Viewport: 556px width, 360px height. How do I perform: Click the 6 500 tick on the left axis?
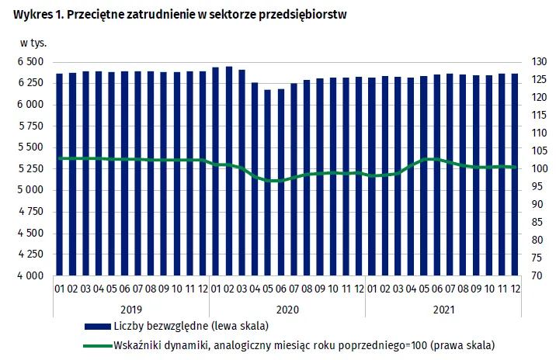30,62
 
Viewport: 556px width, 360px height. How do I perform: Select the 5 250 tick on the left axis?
30,169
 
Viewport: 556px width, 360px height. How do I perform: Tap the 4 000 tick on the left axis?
30,276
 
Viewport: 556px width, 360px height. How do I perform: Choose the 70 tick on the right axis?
535,276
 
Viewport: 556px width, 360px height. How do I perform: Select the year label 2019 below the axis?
130,308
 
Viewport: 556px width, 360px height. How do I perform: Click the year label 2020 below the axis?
287,308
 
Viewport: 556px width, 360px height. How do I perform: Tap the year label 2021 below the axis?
443,308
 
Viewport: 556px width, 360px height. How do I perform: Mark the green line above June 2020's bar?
280,181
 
